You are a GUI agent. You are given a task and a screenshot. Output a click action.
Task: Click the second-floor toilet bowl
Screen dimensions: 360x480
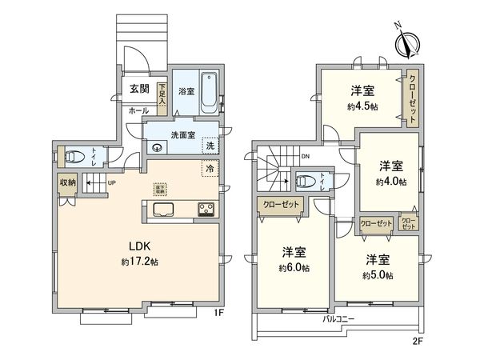pos(302,182)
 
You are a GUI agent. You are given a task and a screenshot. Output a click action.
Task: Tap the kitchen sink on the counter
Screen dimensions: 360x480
pos(163,211)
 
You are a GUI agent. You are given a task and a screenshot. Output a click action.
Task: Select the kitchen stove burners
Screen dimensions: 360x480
pos(205,211)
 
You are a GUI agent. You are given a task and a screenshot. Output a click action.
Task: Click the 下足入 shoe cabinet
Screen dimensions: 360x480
pos(162,94)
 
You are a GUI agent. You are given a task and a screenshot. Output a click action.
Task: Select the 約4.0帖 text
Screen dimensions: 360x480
pos(390,182)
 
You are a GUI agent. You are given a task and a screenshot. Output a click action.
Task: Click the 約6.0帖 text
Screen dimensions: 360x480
pos(294,267)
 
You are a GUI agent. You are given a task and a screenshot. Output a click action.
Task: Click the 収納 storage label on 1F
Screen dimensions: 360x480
pos(66,182)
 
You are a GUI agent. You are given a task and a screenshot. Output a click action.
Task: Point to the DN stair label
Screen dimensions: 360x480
pos(306,157)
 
